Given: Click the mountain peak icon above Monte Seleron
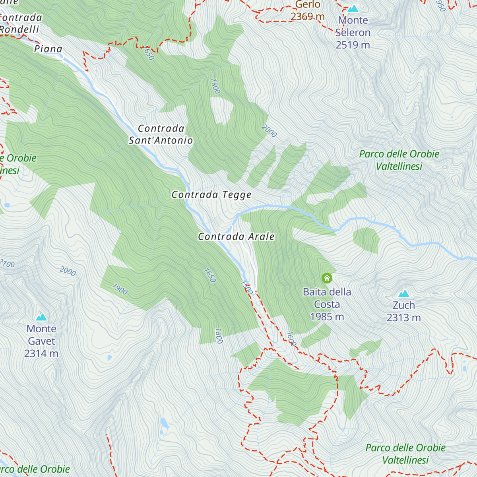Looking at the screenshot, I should [x=353, y=8].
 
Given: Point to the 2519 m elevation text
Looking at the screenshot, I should [x=353, y=45].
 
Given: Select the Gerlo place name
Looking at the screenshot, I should [x=308, y=5].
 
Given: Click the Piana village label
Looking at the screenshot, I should [x=48, y=49].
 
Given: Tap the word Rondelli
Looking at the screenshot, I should [x=19, y=29].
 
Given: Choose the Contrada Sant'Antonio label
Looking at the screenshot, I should [x=161, y=134].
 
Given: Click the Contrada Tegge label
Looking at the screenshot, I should [x=211, y=195].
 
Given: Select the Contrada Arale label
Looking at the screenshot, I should [x=237, y=237].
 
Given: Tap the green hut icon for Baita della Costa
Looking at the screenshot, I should [x=327, y=278].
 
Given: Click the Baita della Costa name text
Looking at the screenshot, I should [x=327, y=298].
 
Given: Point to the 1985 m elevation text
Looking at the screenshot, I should [x=327, y=317].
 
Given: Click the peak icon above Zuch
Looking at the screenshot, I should [x=404, y=294].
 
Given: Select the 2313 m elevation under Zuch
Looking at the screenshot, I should [x=404, y=318].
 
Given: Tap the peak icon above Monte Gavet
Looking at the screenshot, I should [x=41, y=317].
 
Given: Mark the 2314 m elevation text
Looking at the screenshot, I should [x=41, y=353].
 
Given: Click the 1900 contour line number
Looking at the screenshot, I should [x=120, y=289].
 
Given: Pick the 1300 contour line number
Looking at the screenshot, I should [x=246, y=288].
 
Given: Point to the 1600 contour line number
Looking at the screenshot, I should [x=291, y=339].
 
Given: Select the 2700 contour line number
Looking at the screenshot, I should [x=7, y=264].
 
